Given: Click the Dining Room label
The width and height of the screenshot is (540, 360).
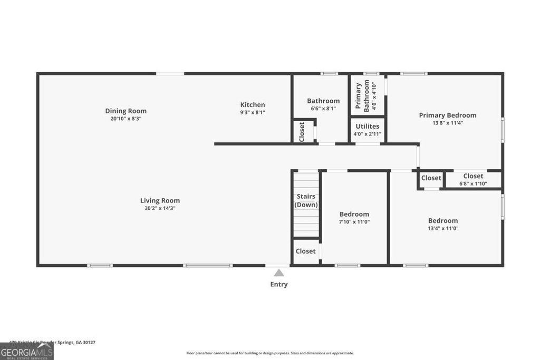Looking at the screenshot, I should pyautogui.click(x=126, y=111).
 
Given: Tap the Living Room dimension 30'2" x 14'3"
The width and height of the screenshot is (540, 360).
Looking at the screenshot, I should pyautogui.click(x=160, y=208).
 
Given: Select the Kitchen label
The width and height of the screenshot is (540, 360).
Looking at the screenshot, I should pyautogui.click(x=253, y=104).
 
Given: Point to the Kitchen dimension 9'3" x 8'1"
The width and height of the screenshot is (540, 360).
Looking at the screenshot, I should pyautogui.click(x=253, y=112).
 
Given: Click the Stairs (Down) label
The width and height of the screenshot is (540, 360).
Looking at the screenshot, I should pyautogui.click(x=306, y=200).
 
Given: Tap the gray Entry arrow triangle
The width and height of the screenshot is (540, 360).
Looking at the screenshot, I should pyautogui.click(x=279, y=273).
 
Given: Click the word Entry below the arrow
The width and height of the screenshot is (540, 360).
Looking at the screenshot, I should pyautogui.click(x=279, y=285).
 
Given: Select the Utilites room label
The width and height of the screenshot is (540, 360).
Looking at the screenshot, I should pyautogui.click(x=367, y=127).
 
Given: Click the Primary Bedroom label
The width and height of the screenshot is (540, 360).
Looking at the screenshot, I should pyautogui.click(x=448, y=115).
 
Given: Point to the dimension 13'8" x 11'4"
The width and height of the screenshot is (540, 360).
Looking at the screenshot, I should pyautogui.click(x=448, y=123).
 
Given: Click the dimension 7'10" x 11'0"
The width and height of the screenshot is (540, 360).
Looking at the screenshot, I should pyautogui.click(x=354, y=222).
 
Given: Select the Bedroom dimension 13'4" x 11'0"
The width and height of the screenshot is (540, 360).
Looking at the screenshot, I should pyautogui.click(x=443, y=228).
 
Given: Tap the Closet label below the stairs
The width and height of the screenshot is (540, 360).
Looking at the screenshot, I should pyautogui.click(x=305, y=251).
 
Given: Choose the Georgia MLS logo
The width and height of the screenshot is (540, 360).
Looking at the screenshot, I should pyautogui.click(x=26, y=352).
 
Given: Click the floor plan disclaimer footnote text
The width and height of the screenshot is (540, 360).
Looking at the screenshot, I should pyautogui.click(x=270, y=353).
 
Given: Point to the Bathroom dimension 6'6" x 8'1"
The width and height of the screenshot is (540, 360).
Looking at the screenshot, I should pyautogui.click(x=323, y=109).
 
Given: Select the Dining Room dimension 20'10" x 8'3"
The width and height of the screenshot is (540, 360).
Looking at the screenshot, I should pyautogui.click(x=126, y=119).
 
